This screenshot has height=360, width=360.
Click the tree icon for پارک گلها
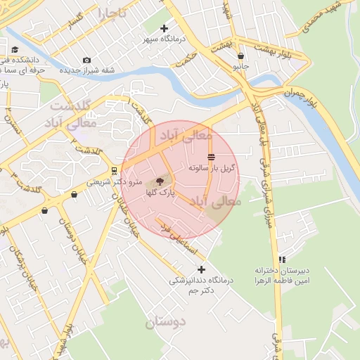[158, 181]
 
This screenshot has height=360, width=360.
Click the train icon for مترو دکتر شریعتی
[114, 171]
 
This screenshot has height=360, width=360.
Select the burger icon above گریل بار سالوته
[212, 157]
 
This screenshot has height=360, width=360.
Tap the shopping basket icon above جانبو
[241, 56]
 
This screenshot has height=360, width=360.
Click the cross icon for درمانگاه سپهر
[165, 29]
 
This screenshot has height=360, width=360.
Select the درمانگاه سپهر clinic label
[164, 40]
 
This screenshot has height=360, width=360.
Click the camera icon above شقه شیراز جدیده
[86, 60]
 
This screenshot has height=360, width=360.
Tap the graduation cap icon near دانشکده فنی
[15, 49]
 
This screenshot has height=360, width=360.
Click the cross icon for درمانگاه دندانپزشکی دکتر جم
[202, 269]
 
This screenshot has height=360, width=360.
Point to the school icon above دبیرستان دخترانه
[282, 259]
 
